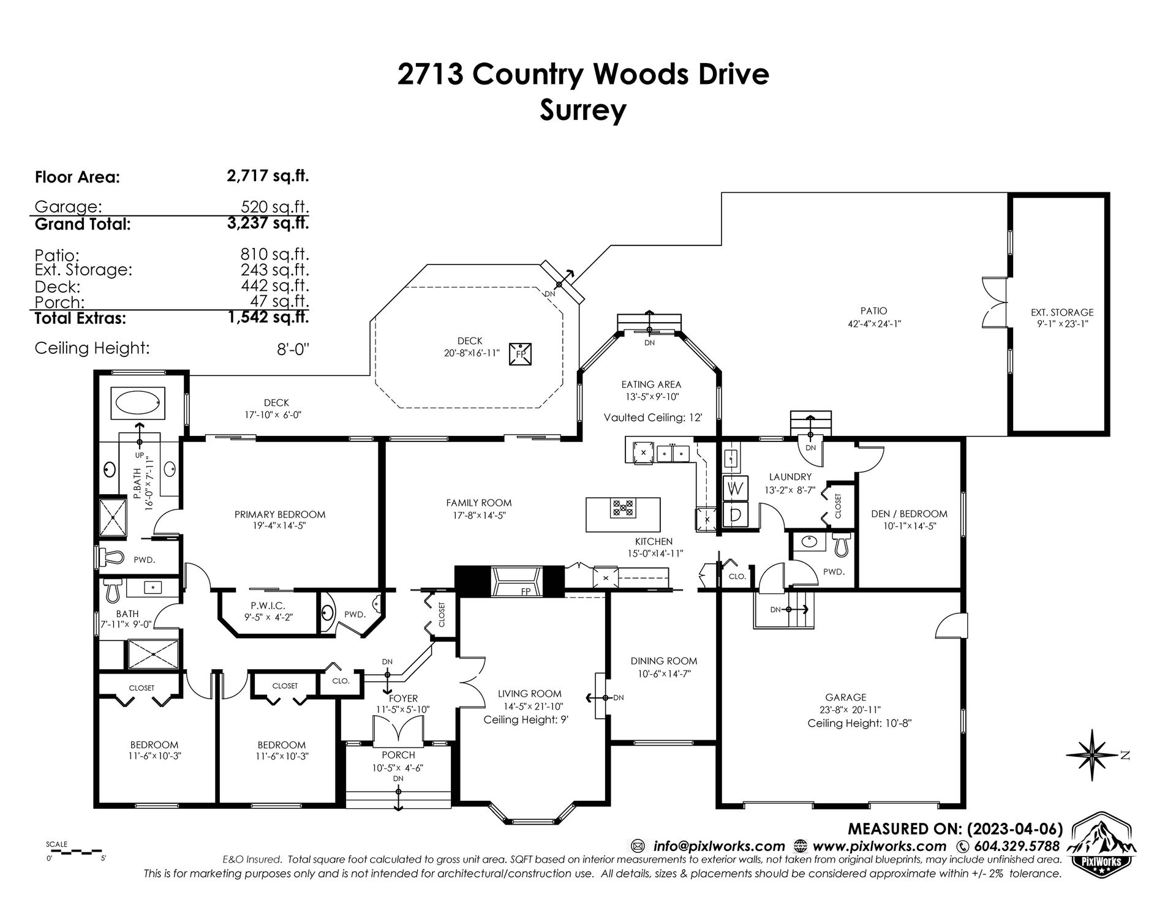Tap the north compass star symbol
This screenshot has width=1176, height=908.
(x=1096, y=756)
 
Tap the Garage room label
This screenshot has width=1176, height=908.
(x=846, y=697)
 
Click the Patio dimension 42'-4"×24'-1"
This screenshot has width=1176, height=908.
(x=873, y=324)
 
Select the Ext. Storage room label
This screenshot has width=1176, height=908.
(x=1062, y=312)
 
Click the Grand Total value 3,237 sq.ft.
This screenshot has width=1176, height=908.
(x=268, y=223)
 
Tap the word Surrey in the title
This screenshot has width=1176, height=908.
(x=582, y=110)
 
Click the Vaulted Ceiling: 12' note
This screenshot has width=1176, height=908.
(x=652, y=418)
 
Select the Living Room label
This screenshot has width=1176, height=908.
(x=529, y=694)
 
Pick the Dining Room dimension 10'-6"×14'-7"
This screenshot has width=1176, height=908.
(x=664, y=673)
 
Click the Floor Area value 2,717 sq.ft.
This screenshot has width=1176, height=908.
(x=268, y=176)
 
